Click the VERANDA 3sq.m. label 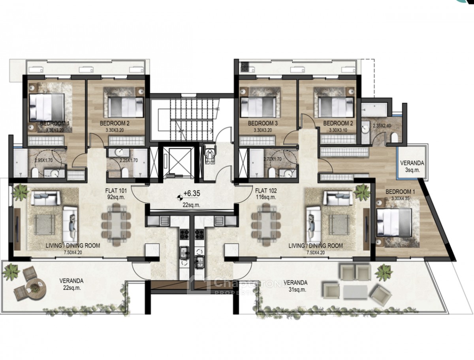coord(413,166)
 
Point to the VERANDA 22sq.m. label coord(71,284)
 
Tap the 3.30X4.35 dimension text coord(398,199)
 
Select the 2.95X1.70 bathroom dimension coord(44,161)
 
